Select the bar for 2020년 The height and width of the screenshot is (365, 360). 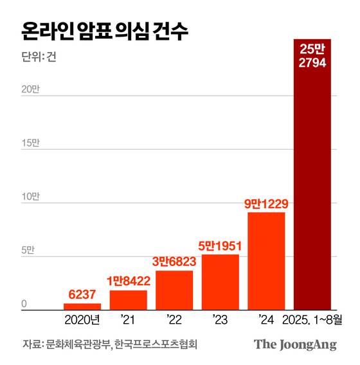tap(82, 307)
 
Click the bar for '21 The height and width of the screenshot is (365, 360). tap(128, 300)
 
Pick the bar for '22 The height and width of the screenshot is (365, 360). tap(174, 290)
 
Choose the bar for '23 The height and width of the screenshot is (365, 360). tap(220, 282)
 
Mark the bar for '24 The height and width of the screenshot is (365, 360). tap(266, 261)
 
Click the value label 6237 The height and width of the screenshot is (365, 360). tap(82, 294)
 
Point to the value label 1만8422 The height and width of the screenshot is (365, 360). tap(128, 281)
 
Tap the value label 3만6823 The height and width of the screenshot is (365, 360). tap(174, 262)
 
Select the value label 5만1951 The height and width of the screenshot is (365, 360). tap(220, 245)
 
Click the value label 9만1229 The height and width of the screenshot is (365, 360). tap(266, 204)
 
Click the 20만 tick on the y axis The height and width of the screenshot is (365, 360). tap(30, 90)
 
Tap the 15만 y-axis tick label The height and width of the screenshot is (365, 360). tap(30, 143)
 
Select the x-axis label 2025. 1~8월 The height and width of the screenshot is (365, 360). tap(312, 319)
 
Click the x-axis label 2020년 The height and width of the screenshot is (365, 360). tap(82, 319)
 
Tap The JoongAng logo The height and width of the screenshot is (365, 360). tap(295, 344)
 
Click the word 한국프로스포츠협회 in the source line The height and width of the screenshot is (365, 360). tap(154, 344)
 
